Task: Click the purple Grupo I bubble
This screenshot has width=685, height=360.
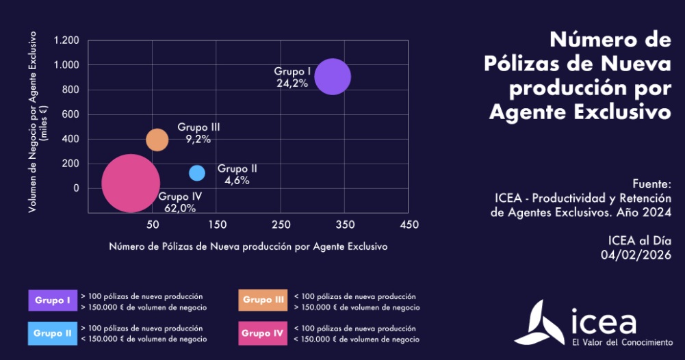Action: coord(333,76)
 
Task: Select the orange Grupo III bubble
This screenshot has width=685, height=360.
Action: coord(157,140)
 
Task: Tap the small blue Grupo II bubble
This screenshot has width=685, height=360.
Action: coord(197,172)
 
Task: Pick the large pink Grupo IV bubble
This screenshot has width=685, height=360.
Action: coord(131,183)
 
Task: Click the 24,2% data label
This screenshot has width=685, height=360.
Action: coord(292,83)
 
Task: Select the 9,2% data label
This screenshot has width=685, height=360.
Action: coord(198,139)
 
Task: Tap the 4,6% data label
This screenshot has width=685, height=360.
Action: coord(237,181)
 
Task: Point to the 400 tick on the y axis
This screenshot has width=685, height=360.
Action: coord(70,139)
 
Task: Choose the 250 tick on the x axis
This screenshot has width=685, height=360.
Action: coord(281,224)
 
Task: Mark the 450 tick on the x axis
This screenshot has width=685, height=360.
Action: coord(409,224)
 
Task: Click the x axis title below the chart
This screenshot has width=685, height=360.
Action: coord(248,246)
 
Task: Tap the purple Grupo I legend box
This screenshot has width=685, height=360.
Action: coord(53,300)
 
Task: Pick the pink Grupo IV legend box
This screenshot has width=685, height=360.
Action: coord(263,333)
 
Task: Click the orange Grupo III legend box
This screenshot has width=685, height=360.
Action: coord(263,300)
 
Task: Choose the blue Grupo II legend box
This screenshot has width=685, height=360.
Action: coord(53,333)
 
